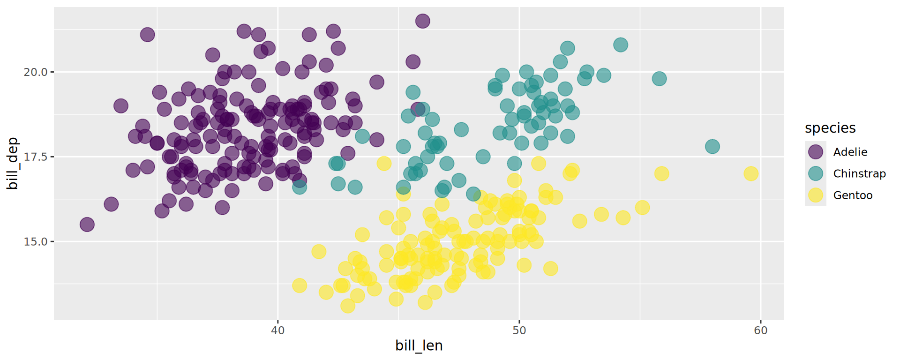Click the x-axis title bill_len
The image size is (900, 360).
pos(419,345)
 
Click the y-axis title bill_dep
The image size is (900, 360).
pos(13,164)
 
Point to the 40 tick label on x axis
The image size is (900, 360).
pos(277,330)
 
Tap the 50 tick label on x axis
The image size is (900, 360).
pos(519,330)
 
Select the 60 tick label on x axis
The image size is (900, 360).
pos(760,330)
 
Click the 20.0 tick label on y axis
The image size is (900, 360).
pos(36,72)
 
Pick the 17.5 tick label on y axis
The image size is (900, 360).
pos(36,157)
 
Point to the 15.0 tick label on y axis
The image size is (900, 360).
pos(36,242)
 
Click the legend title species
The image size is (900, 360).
pos(830,128)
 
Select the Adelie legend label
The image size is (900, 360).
pos(850,152)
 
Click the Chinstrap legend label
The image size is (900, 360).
pos(859,173)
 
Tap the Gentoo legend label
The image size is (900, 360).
pos(853,195)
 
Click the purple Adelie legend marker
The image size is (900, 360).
pos(816,152)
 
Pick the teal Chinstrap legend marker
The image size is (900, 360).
pos(816,173)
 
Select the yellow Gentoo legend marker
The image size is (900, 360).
pos(816,195)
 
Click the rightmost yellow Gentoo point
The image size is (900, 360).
pos(751,173)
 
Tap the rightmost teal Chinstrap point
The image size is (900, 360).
pos(712,147)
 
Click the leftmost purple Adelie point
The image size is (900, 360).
pos(87,225)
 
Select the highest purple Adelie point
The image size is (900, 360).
pos(422,21)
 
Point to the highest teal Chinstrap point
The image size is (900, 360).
pos(620,45)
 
